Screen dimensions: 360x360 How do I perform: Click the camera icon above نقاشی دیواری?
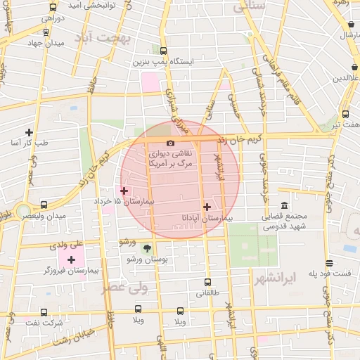point(170,143)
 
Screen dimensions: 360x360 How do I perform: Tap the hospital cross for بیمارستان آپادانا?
point(206,207)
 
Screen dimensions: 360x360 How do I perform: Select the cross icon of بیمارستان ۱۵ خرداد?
point(124,190)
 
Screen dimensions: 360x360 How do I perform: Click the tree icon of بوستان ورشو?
point(147,247)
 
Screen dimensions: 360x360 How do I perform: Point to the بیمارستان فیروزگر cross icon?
point(71,259)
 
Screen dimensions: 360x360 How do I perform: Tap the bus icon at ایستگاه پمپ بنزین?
point(163,51)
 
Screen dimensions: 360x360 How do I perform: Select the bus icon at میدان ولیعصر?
point(44,205)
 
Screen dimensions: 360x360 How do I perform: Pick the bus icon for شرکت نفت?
point(44,312)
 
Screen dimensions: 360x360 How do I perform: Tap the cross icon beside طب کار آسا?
point(29,131)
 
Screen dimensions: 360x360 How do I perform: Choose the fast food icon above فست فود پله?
point(329,263)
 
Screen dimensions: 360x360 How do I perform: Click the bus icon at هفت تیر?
point(345,113)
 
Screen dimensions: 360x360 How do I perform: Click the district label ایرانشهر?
point(291,277)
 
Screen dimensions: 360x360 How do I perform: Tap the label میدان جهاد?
point(45,42)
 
